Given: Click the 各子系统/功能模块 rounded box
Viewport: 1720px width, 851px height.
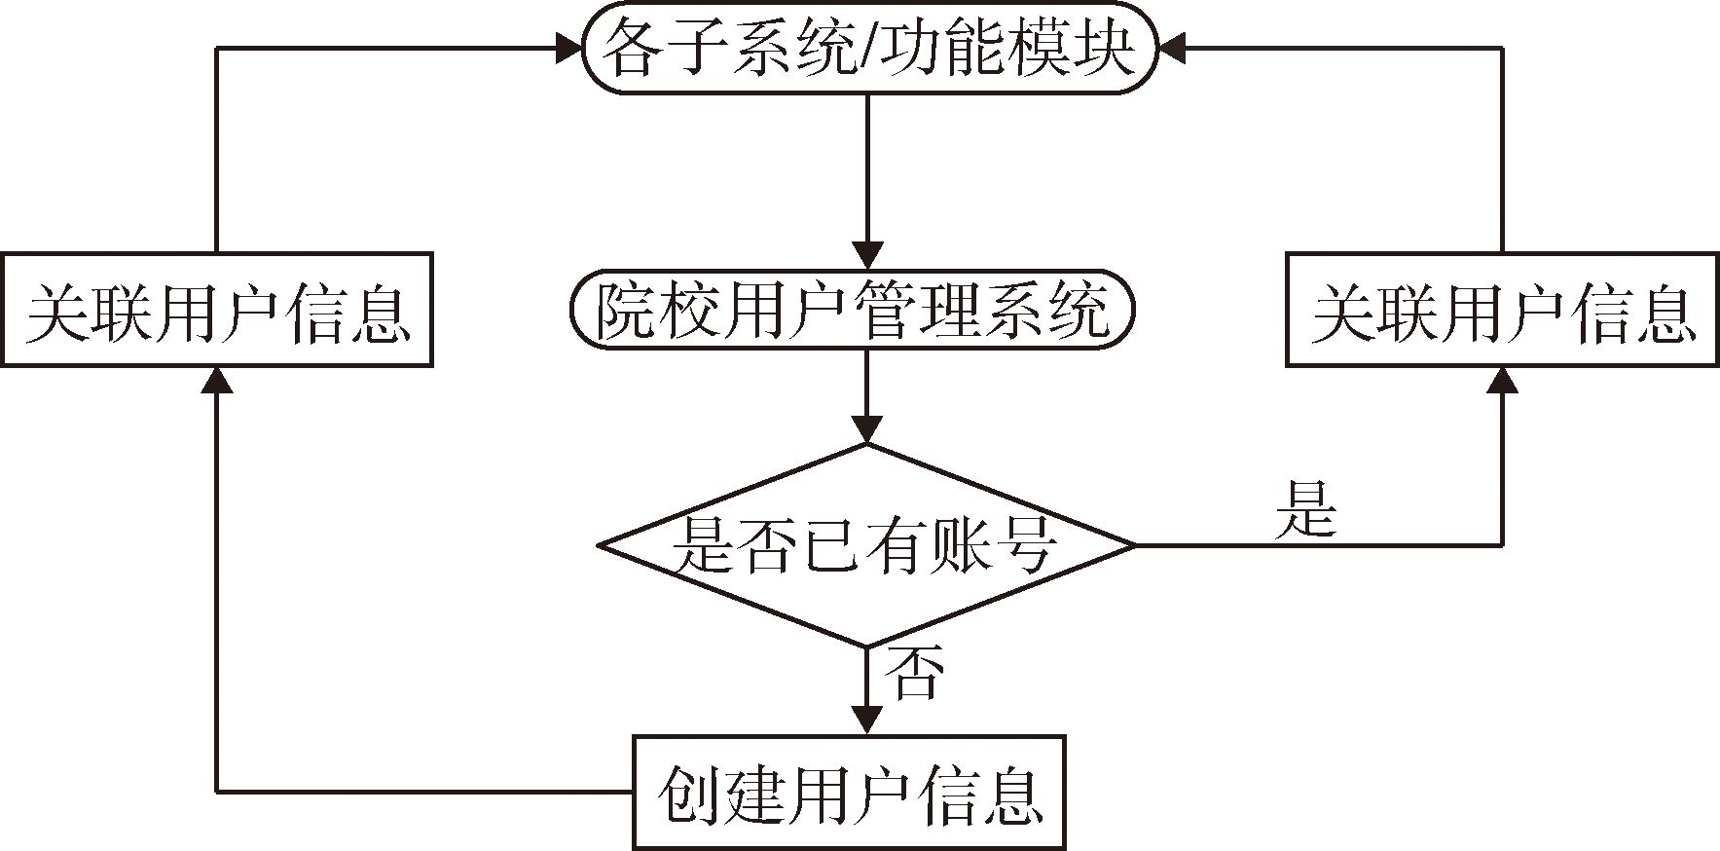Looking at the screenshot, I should click(x=869, y=49).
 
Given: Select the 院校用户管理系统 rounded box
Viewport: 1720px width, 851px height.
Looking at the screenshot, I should click(x=853, y=311).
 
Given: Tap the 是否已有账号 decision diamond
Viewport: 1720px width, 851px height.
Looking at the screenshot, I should click(x=865, y=544).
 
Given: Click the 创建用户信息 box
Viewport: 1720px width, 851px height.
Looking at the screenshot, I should click(x=849, y=793).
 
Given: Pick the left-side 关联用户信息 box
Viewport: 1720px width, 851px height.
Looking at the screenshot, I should click(x=216, y=310).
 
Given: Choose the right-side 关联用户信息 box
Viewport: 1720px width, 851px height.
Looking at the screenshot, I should click(x=1502, y=310).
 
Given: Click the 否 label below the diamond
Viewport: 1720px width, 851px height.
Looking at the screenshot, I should click(x=913, y=673).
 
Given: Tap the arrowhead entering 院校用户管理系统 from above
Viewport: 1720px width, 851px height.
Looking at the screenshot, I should click(x=866, y=255).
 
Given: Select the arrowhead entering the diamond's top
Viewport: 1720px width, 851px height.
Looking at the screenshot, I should click(x=866, y=429).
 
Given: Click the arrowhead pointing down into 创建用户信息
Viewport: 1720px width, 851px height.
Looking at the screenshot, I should click(x=866, y=720).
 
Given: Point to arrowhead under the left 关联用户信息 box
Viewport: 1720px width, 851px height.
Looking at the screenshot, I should click(x=216, y=381).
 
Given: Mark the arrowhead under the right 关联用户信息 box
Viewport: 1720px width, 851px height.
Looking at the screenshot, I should click(x=1502, y=381).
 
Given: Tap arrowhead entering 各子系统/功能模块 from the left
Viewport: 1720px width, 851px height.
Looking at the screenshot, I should click(x=567, y=48).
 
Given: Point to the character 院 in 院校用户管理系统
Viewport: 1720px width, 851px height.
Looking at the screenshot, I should click(x=627, y=312).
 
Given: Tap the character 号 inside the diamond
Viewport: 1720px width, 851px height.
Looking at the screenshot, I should click(x=1025, y=546).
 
